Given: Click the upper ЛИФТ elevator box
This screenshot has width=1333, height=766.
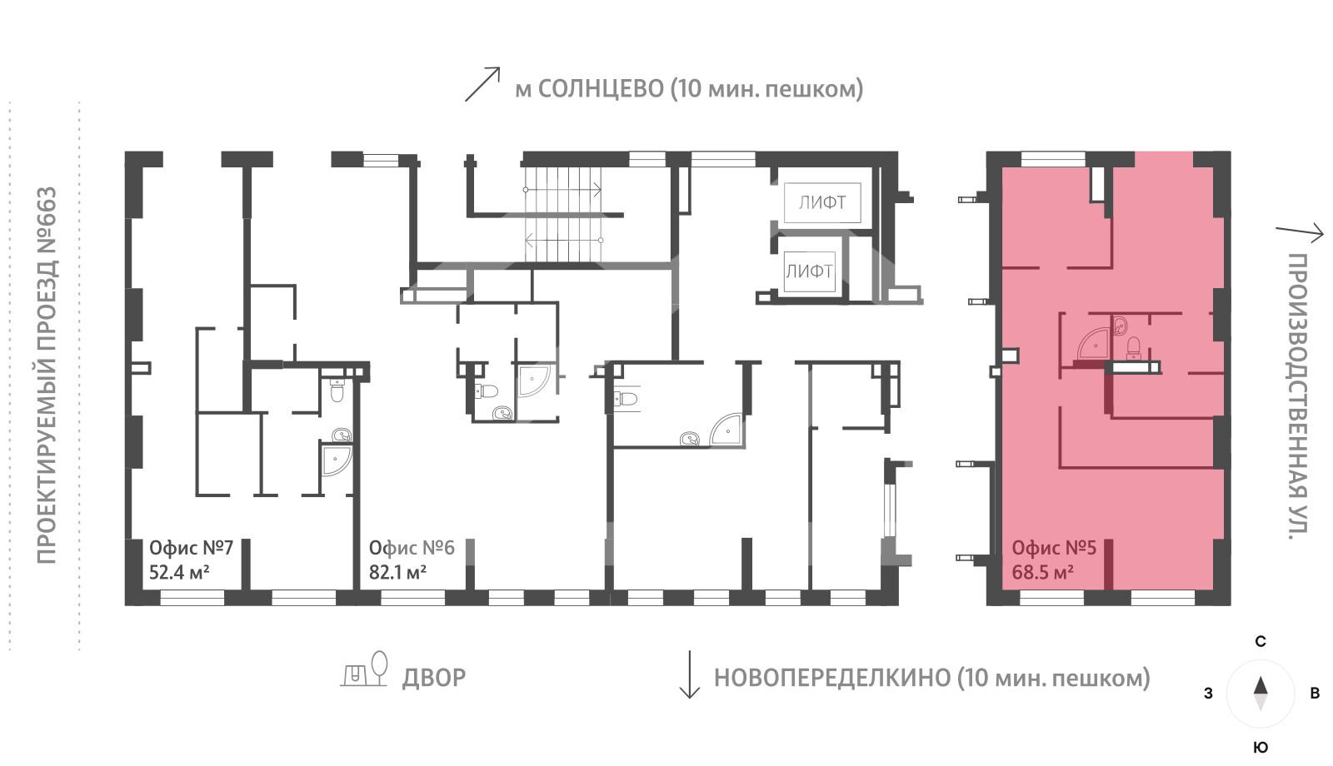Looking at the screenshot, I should (821, 202).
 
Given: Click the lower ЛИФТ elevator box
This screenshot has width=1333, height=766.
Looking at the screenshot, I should (809, 271).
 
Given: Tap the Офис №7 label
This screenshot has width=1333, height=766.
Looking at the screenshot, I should (191, 548).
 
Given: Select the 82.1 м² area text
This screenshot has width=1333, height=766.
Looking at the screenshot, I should (397, 573).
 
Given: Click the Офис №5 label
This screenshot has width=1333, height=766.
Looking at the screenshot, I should (1053, 548).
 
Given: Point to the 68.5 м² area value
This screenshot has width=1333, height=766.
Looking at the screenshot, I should (1041, 573).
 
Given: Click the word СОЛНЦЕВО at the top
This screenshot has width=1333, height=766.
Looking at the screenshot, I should (600, 89).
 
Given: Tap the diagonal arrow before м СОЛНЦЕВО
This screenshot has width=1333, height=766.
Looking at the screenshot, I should (482, 85).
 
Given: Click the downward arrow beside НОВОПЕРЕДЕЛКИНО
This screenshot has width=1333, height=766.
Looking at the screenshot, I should (689, 674).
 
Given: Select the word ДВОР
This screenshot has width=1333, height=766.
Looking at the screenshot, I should (433, 678).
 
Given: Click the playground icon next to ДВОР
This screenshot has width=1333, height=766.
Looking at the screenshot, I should (365, 669).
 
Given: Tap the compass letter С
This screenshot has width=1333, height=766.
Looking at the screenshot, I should (1261, 642).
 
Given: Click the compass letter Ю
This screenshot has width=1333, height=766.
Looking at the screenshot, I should (1261, 747).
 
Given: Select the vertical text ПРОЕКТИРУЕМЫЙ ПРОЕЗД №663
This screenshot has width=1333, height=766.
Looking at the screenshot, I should (47, 375).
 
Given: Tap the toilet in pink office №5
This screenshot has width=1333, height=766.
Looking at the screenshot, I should (1132, 348).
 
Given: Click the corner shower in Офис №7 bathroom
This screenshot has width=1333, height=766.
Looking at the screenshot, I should (336, 460).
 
